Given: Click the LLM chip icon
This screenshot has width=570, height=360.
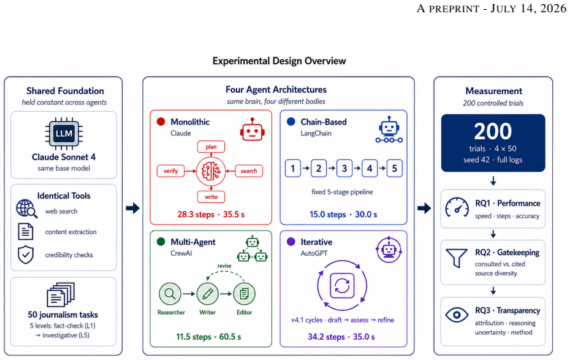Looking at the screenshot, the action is pos(64,134).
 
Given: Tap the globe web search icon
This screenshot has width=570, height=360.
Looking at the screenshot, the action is pos(26,209).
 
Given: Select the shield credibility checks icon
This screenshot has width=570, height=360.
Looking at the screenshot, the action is pos(26,255).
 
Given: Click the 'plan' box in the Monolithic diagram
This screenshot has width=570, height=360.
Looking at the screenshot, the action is pos(211,147).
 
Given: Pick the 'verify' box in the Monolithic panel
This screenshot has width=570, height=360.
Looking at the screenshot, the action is pos(170,171).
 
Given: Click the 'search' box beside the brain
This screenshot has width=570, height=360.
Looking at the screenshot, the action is pos(249,171).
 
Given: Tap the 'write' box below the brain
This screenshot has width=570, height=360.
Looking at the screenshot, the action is pos(211,197).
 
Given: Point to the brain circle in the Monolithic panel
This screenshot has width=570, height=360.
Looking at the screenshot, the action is pos(211,171).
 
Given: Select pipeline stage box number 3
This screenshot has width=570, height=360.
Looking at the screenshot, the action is pos(344,169).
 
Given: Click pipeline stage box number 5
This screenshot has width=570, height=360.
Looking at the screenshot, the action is pos(395,169).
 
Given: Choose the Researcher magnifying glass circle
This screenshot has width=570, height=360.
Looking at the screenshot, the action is pos(170,294).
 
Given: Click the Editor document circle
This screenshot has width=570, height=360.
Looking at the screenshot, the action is pos(244,294).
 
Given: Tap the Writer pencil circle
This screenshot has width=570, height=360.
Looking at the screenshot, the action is pos(207,294).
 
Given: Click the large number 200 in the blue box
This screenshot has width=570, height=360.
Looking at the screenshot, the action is pos(493,131).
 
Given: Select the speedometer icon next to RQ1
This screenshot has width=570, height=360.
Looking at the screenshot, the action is pos(457,208).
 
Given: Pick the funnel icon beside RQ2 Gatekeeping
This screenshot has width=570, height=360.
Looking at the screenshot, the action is pos(457,258).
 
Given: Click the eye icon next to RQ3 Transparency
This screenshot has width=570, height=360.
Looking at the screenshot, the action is pos(457,315).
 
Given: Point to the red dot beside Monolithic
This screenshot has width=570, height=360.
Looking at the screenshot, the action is pos(161,121).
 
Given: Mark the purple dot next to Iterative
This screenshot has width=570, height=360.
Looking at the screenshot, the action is pos(291,242).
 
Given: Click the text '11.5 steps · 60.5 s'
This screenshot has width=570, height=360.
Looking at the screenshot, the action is pos(208,337).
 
